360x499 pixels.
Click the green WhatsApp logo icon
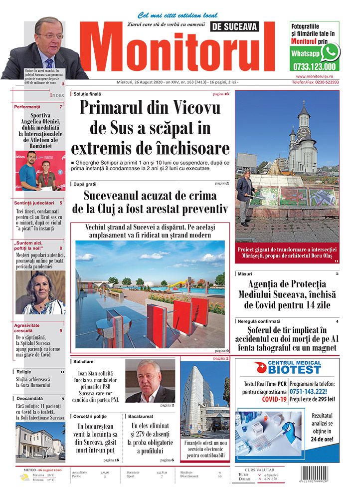pos(330,51)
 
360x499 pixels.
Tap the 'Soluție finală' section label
pos(88,94)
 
